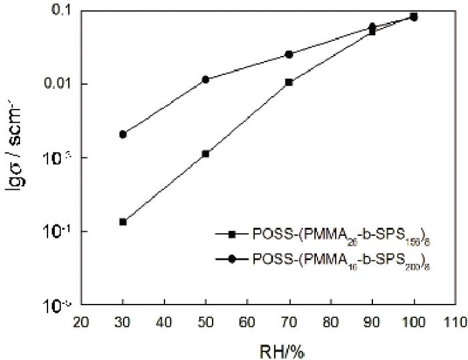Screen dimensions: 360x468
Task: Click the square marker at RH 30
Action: (123, 222)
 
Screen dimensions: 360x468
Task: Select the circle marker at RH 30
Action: (123, 134)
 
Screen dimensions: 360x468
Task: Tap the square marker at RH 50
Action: (206, 154)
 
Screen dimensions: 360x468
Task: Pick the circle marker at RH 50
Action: (206, 79)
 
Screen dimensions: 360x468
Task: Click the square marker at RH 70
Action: (289, 82)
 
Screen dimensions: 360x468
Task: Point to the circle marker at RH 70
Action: (289, 54)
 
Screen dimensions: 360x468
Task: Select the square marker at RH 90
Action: (372, 31)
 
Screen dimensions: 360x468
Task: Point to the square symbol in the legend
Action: (232, 234)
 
